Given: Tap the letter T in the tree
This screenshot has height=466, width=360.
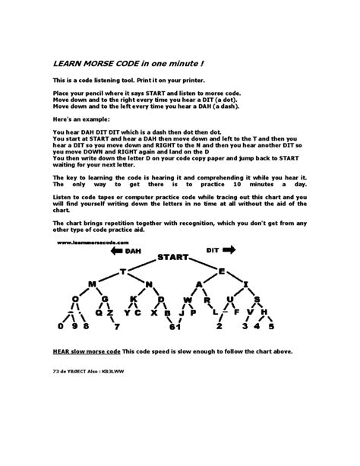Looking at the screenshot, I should coord(121,271).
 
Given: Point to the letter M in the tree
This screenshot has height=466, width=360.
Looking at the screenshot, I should coord(91,284).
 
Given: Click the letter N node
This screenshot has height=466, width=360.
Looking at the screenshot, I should coord(150,284).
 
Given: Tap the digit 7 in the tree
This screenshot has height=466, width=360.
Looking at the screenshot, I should coord(117,328).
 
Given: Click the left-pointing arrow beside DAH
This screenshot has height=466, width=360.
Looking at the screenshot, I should coord(115,249).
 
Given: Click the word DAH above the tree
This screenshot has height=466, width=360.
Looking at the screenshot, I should coord(133,249).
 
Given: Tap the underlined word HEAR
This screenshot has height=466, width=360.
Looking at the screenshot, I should coord(63,351).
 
